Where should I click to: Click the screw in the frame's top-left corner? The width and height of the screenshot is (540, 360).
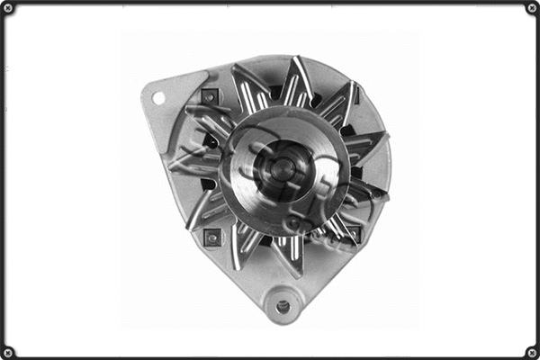point(8,8)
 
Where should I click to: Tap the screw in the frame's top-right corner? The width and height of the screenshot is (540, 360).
point(531,8)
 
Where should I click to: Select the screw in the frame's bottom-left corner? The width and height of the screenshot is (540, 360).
point(8,351)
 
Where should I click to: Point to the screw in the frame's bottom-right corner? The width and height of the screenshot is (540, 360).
point(531,351)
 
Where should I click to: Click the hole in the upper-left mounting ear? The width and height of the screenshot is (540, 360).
point(158,97)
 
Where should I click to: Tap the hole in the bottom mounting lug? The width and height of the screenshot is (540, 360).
point(283,306)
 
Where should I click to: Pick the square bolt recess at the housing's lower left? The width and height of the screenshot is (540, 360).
point(213,237)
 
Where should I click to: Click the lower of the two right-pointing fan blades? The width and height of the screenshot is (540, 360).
point(367,189)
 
